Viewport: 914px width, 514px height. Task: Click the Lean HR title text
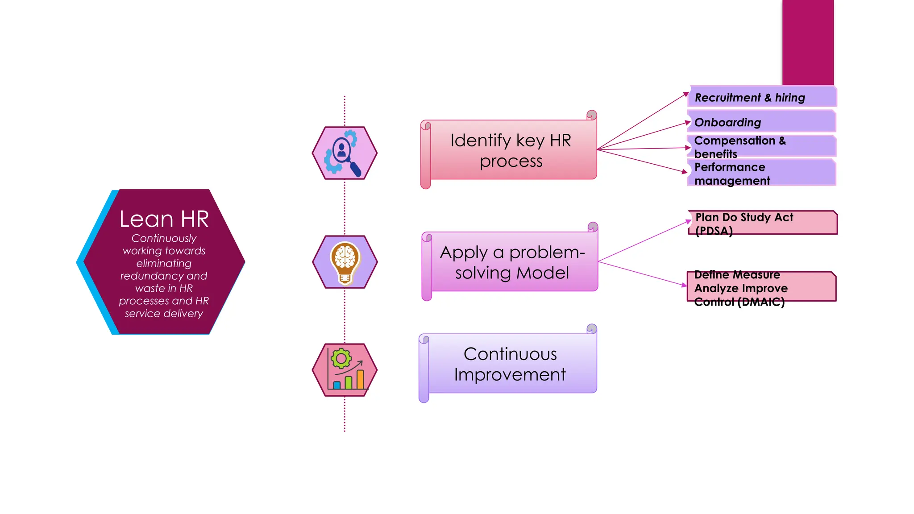pos(164,219)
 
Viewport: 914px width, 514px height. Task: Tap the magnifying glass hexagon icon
pos(345,153)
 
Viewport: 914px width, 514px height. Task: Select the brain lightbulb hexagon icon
pos(345,262)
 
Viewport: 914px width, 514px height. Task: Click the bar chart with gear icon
pos(345,370)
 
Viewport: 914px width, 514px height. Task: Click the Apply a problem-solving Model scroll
pos(511,262)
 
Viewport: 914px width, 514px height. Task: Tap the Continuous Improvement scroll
pos(509,364)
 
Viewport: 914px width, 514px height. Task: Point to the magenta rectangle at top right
pos(807,42)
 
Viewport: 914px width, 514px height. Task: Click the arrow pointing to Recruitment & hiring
pos(643,121)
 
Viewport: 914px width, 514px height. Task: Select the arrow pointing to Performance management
pos(643,161)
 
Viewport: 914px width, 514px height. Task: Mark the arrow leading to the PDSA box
pos(645,240)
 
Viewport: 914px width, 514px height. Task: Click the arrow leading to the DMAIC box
pos(643,273)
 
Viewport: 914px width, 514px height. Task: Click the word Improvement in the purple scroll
pos(509,375)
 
